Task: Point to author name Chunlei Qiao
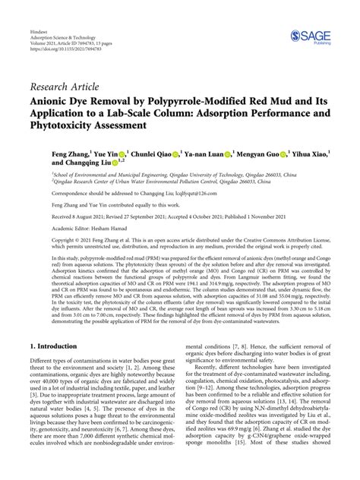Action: (x=151, y=152)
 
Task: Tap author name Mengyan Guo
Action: (x=257, y=152)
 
